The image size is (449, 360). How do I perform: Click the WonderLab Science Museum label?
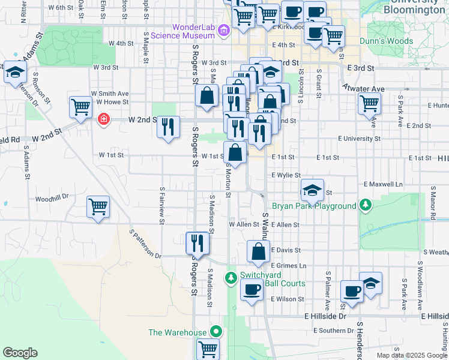pos(193,31)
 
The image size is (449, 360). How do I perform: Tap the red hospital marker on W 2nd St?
pos(104,119)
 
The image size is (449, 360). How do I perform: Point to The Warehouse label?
pos(178,332)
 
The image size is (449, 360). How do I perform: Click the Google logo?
pos(20,353)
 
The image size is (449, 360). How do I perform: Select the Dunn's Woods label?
pos(386,41)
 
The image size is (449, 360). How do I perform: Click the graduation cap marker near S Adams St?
pos(14,74)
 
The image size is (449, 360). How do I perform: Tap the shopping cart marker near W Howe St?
pos(80,108)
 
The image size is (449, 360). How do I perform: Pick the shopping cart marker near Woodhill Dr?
pos(98,208)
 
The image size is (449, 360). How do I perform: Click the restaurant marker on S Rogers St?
pos(197,243)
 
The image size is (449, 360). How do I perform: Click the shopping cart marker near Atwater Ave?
pos(369,103)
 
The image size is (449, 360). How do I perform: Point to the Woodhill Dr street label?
pos(53,197)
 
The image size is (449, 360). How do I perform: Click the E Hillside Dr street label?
pos(325,316)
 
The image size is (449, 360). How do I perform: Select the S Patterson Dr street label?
pos(146,244)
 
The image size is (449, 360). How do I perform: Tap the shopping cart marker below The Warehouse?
pos(208,348)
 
